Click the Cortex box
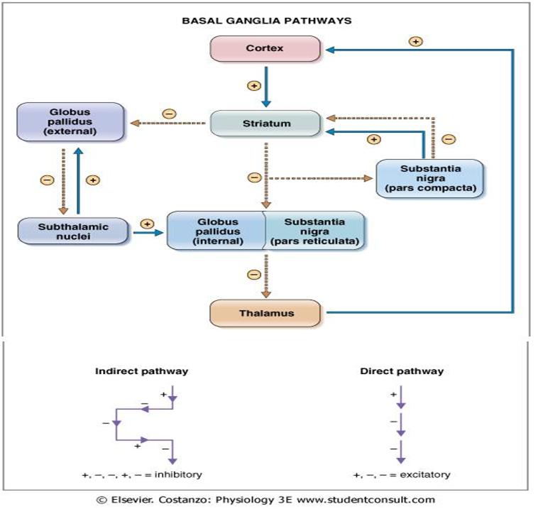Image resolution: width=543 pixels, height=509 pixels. pos(265,48)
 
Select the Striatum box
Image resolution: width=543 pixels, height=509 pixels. pos(265,123)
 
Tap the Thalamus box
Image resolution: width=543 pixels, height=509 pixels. pos(265,312)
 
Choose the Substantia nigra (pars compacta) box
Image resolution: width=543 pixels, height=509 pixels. pos(429,177)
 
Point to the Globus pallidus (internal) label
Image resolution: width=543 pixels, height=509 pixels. pos(217,231)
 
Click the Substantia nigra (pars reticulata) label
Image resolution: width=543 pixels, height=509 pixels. pos(315,231)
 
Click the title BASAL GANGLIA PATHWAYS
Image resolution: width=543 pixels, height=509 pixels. pos(267,21)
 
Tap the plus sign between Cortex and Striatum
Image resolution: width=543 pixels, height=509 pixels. pos(253,86)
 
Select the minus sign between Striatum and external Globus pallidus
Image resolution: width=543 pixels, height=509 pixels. pos(169,114)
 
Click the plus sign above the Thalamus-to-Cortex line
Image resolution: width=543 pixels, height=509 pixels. pos(416,41)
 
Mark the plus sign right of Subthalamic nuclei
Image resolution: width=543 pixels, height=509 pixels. pos(148,224)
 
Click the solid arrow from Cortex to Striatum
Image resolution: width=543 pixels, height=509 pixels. pos(266,86)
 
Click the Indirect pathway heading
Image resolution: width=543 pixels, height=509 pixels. pos(141,371)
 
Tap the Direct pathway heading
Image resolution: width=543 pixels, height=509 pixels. pos(401,371)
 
